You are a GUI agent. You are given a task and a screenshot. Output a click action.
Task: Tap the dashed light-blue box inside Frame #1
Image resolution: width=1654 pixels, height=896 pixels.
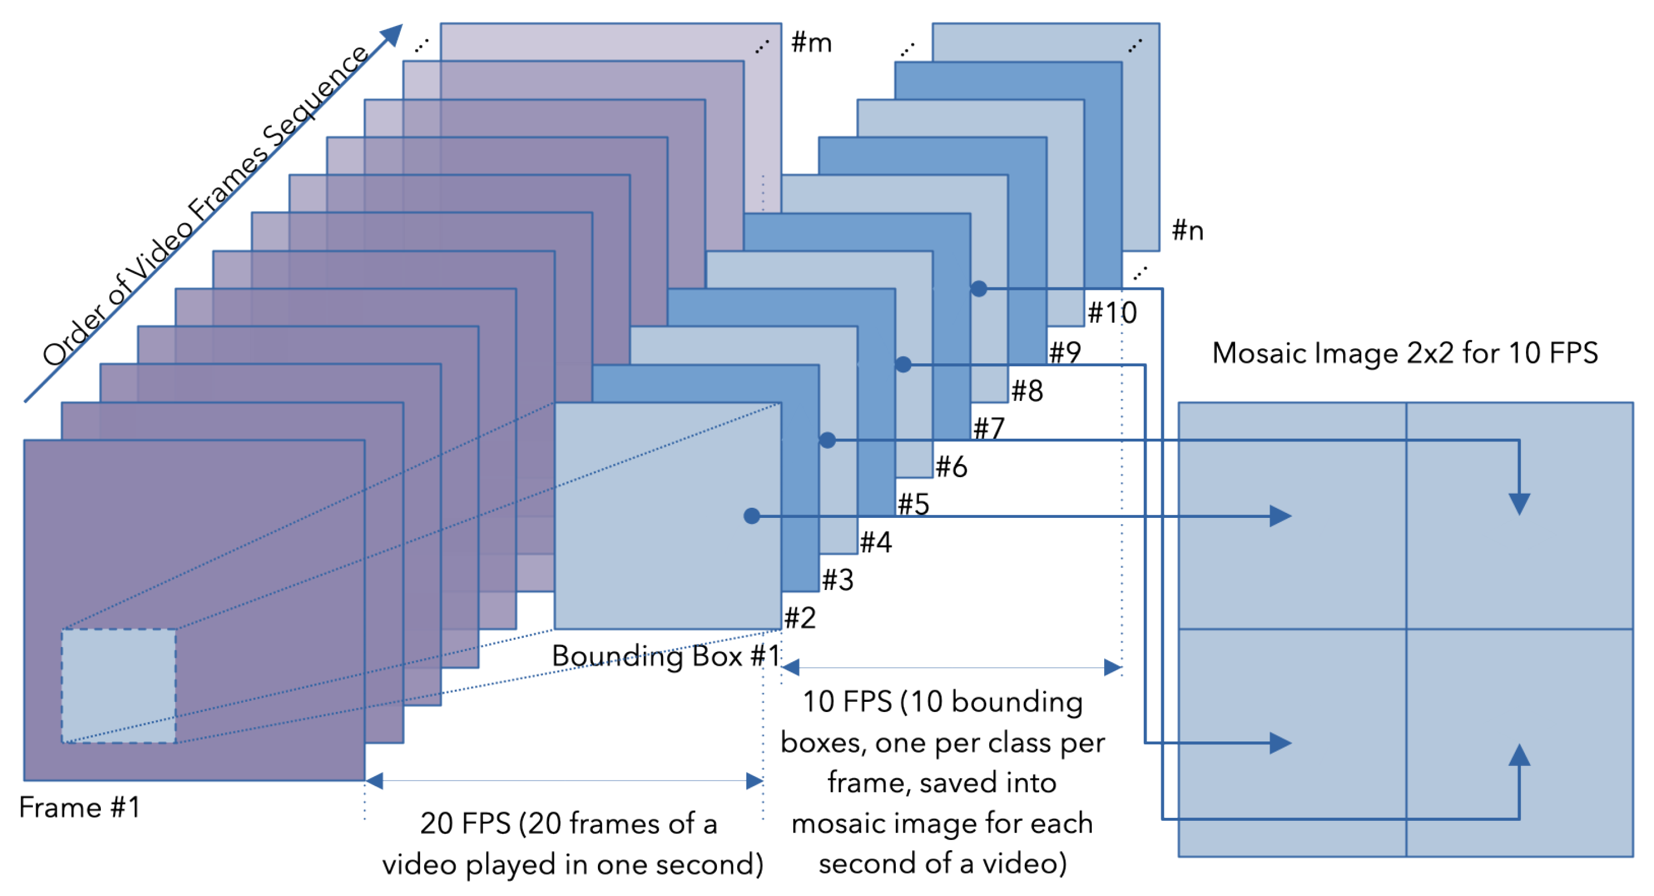point(119,685)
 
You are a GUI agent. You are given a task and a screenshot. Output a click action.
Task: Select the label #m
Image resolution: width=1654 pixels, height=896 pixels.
point(811,42)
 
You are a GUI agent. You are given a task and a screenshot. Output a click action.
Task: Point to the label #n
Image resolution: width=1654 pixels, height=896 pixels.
point(1187,230)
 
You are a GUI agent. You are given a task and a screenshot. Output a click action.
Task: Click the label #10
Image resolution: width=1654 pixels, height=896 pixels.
point(1112,312)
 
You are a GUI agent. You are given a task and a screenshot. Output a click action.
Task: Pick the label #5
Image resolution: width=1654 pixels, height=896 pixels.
point(913,504)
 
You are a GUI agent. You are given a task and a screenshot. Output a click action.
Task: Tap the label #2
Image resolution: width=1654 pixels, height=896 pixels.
point(800,618)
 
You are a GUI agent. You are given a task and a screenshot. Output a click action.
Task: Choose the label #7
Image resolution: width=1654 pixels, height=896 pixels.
point(989,428)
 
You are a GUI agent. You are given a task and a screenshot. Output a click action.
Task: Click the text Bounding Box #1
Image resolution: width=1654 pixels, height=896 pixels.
point(666,655)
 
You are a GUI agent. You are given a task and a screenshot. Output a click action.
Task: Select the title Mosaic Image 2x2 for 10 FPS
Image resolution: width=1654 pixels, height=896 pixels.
point(1405,353)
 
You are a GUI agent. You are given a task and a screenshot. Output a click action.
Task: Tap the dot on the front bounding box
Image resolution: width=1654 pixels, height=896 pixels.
point(752,516)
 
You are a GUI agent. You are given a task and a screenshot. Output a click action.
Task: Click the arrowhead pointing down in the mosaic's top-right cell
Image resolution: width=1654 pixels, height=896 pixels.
point(1519,503)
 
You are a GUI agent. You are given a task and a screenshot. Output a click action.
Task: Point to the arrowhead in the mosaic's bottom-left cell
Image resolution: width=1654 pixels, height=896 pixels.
point(1280,743)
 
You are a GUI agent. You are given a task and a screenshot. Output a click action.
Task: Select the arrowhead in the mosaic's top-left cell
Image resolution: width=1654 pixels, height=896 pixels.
point(1280,516)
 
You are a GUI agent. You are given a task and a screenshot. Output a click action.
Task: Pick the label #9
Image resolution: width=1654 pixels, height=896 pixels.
point(1065,351)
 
